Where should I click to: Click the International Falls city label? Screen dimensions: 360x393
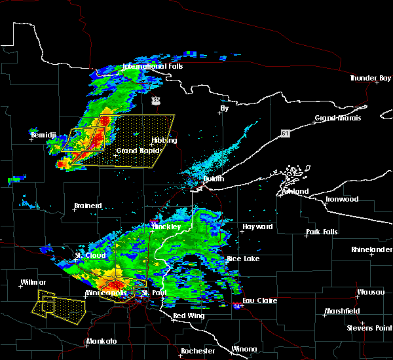coord(153,66)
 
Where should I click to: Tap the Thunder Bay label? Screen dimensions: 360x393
coord(370,79)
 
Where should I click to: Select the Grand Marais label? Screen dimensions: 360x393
coord(337,118)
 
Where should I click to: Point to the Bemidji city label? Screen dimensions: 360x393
coord(43,135)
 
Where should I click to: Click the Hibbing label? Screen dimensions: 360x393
coord(164,140)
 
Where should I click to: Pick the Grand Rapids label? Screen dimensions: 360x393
coord(135,151)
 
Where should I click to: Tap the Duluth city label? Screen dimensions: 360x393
coord(213,178)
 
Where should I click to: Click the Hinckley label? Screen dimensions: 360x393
coord(162,226)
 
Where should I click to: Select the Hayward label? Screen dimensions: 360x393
coord(257,226)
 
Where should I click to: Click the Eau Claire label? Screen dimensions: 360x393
coord(261,300)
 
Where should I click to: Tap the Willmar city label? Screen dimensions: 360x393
coord(32,283)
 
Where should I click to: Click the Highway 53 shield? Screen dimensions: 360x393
coord(155,100)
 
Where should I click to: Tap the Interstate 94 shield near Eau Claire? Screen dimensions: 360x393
coord(237,305)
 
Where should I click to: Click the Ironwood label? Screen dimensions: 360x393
coord(343,199)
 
